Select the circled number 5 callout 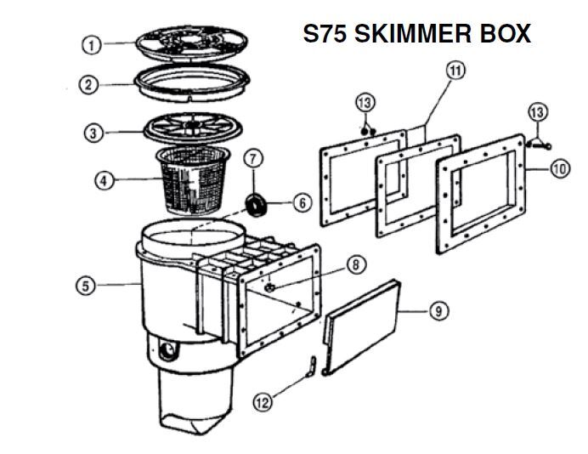(x=85, y=286)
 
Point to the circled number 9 (x=438, y=311)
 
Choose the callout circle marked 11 (x=455, y=70)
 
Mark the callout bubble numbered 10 (x=558, y=169)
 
